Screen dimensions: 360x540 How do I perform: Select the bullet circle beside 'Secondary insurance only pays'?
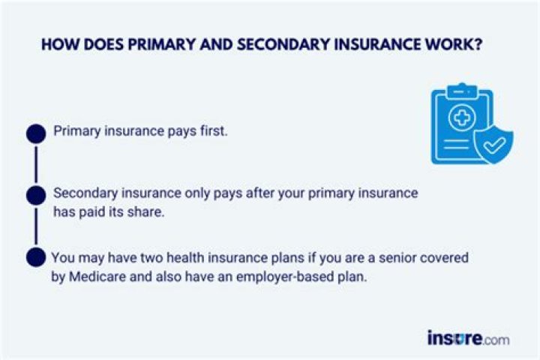[35, 196]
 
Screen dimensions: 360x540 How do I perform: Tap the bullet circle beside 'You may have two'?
[35, 257]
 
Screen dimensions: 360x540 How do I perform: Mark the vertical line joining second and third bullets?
[35, 226]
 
